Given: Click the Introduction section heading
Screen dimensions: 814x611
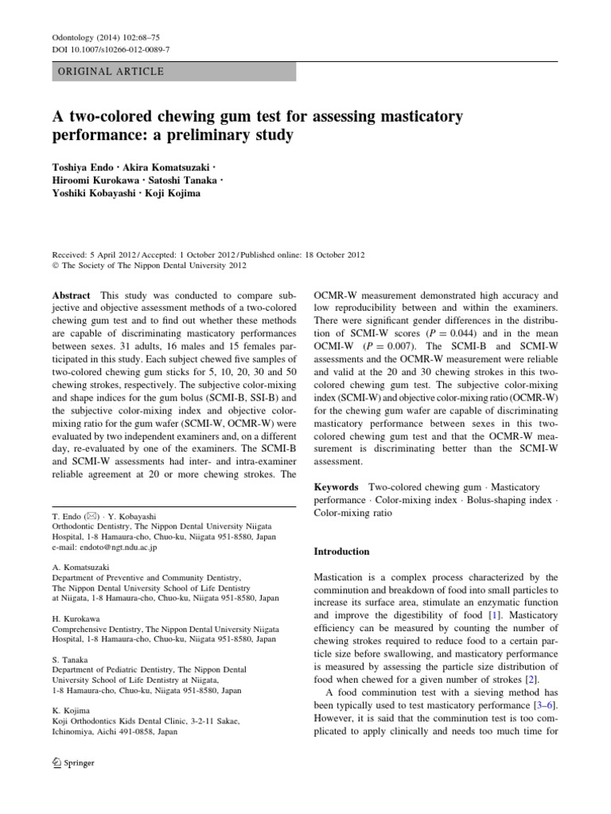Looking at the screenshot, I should [342, 551].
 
